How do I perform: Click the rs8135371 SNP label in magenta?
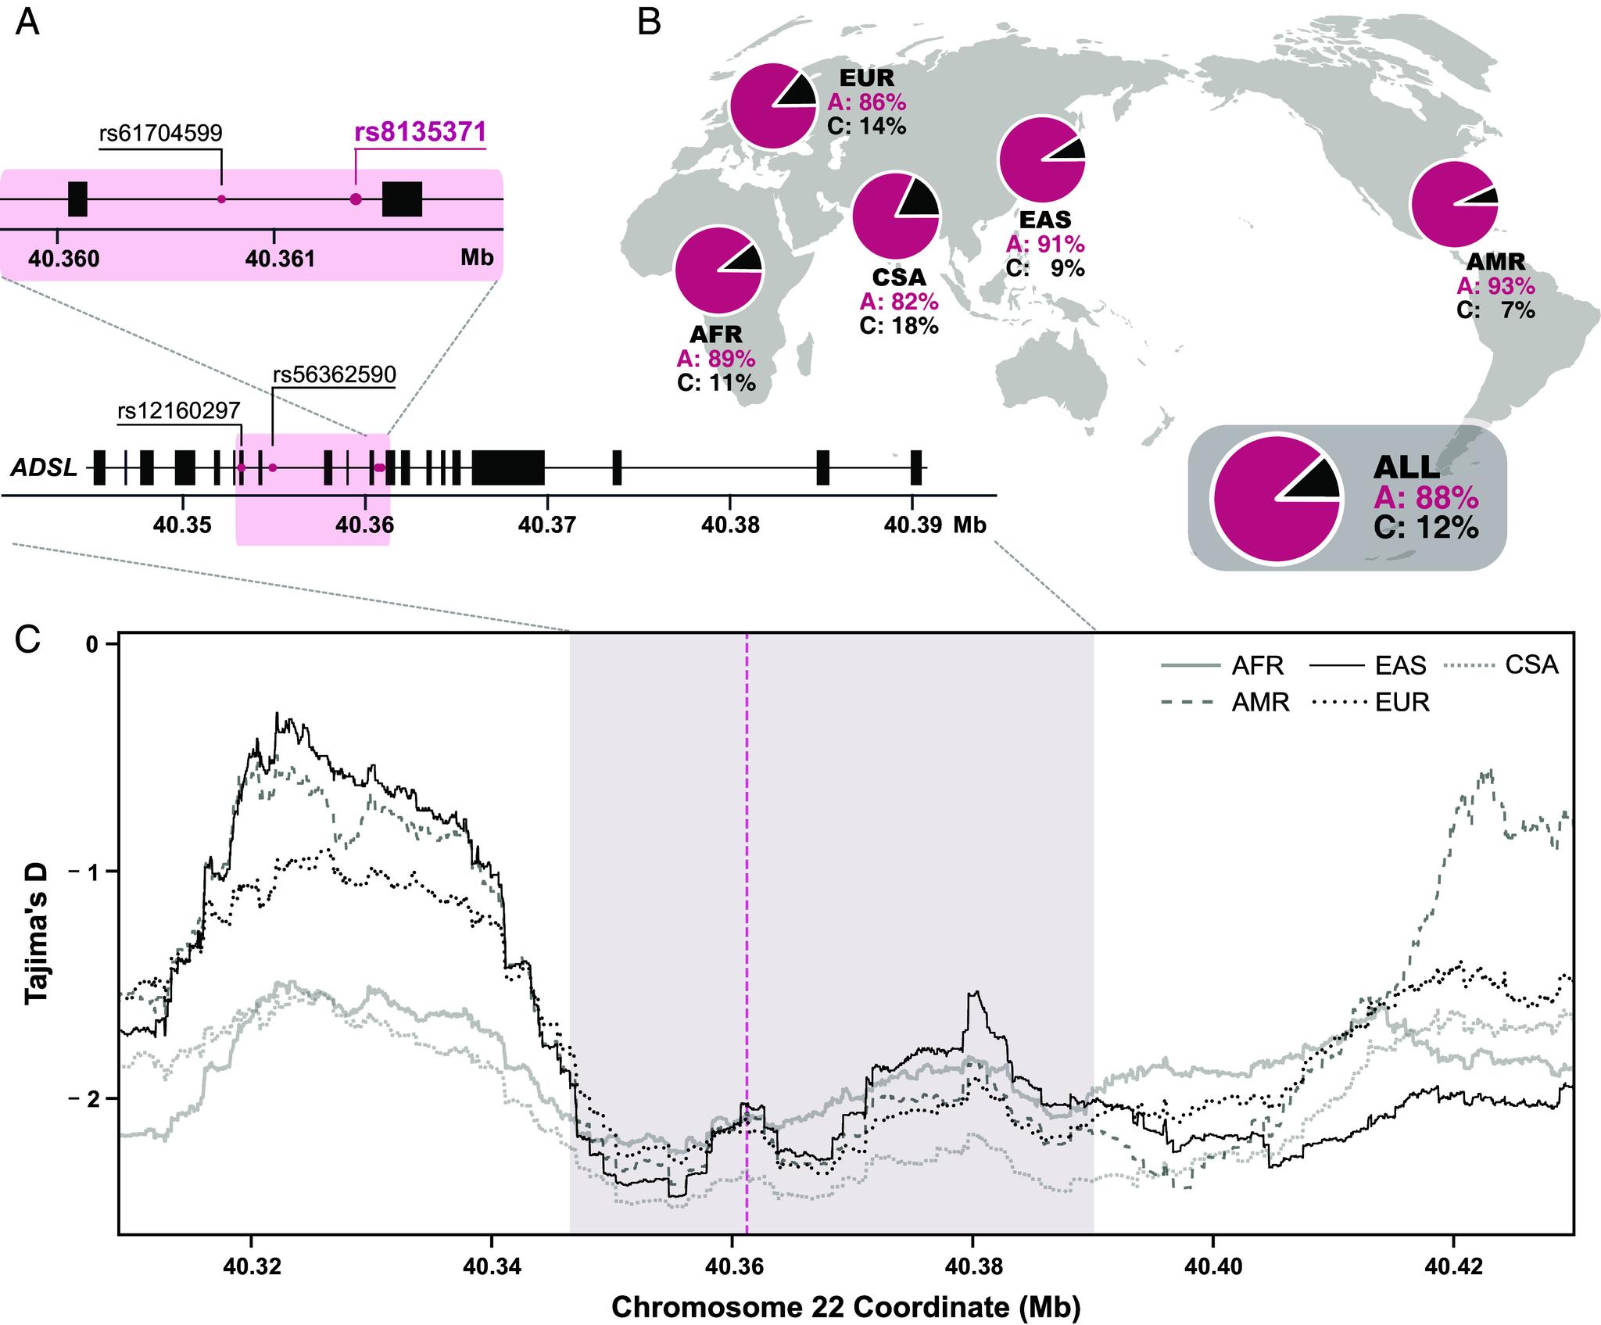coord(421,131)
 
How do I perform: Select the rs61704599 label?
coord(161,133)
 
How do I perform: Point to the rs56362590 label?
coord(334,374)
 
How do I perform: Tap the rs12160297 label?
coord(179,410)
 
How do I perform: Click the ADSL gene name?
coord(45,468)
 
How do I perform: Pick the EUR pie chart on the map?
coord(772,107)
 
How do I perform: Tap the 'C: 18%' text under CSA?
coord(899,325)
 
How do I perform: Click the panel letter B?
coord(650,23)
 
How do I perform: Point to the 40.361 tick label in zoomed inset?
coord(279,259)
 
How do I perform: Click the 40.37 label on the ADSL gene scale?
coord(546,525)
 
